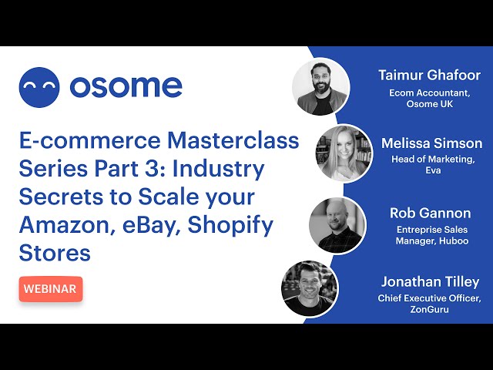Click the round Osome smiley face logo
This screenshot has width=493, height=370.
pyautogui.click(x=39, y=87)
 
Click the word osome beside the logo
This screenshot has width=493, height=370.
pyautogui.click(x=126, y=86)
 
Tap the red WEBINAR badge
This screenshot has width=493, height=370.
pyautogui.click(x=51, y=289)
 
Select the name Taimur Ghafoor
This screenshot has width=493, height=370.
pyautogui.click(x=430, y=76)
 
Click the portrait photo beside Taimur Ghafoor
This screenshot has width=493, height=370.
pyautogui.click(x=320, y=86)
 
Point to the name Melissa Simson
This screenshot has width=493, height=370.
pyautogui.click(x=431, y=143)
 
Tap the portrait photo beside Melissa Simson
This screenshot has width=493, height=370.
pyautogui.click(x=344, y=153)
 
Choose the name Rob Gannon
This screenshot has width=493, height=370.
pyautogui.click(x=430, y=214)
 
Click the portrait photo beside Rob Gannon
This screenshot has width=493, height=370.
pyautogui.click(x=337, y=225)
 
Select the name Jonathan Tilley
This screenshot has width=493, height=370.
pyautogui.click(x=430, y=282)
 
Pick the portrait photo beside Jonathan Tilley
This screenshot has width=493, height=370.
pyautogui.click(x=310, y=288)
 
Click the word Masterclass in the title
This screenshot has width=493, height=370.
pyautogui.click(x=233, y=140)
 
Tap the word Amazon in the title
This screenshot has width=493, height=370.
pyautogui.click(x=66, y=225)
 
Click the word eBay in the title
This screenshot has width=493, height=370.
pyautogui.click(x=148, y=226)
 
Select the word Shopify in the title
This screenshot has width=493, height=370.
pyautogui.click(x=230, y=226)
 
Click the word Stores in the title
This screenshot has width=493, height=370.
pyautogui.click(x=55, y=253)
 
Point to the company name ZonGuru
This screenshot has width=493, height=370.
pyautogui.click(x=429, y=309)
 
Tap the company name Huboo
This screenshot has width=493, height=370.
pyautogui.click(x=454, y=241)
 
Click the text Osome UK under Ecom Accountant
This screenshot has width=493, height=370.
pyautogui.click(x=430, y=104)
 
